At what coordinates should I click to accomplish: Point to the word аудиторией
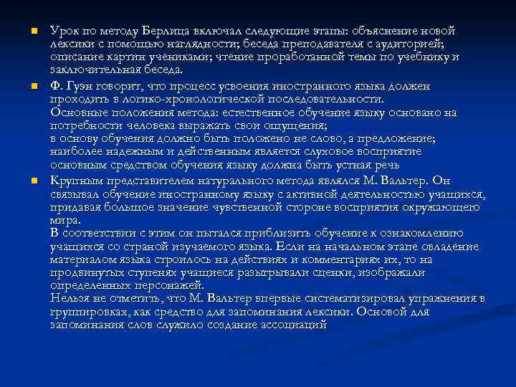point(408,44)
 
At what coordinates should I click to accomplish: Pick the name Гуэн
point(80,86)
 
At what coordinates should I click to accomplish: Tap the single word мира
point(64,219)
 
